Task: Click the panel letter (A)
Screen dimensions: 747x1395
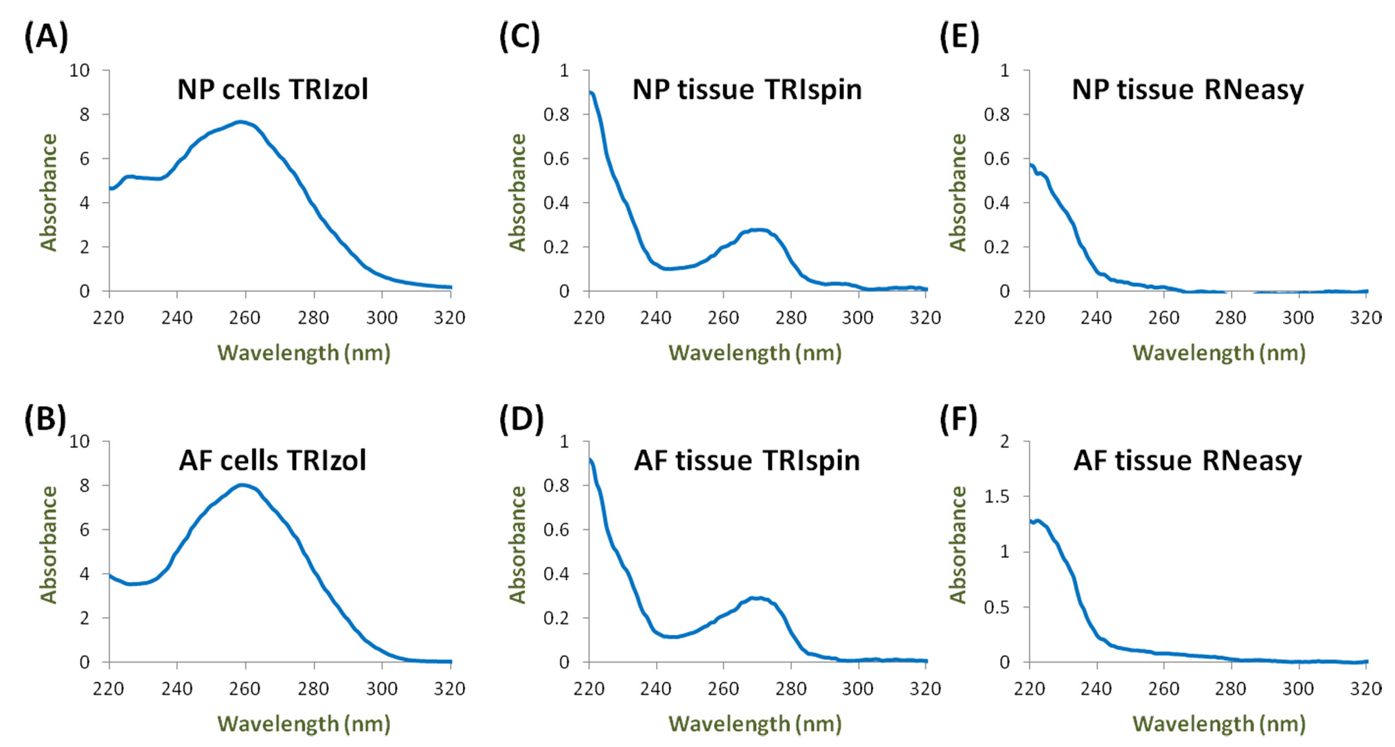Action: coord(46,36)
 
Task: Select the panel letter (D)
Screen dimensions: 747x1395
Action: coord(521,419)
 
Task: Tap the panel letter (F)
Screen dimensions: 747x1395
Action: coord(958,419)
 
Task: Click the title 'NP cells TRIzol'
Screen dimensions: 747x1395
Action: coord(273,90)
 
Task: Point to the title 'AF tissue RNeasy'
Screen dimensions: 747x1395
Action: coord(1188,460)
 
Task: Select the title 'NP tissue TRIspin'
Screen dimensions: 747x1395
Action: coord(747,90)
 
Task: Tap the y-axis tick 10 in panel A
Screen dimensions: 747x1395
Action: coord(80,70)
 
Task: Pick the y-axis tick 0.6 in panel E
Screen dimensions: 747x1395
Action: coord(997,159)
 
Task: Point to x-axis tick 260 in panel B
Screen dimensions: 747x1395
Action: coord(245,689)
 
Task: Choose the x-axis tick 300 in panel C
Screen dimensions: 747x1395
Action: coord(858,317)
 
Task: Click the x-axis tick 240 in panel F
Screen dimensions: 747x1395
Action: coord(1096,689)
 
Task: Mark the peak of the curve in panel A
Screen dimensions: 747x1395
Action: coord(240,122)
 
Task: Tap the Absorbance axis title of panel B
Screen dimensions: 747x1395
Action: coord(49,545)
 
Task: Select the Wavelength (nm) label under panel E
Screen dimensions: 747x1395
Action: coord(1218,353)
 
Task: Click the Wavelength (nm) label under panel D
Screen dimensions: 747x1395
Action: coord(755,724)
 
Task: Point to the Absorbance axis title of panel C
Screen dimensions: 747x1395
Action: coord(517,192)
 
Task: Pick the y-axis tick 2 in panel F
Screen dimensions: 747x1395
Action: coord(1005,441)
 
